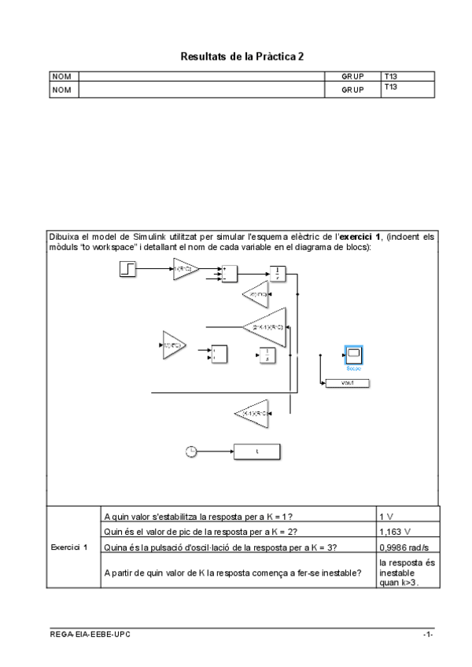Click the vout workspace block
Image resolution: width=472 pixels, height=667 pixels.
coord(346,383)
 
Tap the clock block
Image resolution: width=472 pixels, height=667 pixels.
coord(190,451)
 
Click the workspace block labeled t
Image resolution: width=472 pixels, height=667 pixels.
coord(256,451)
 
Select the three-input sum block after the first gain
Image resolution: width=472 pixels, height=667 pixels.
coord(229,273)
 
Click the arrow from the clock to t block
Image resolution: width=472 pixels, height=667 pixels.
coord(213,451)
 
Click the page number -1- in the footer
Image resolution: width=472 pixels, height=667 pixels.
coord(427,634)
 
